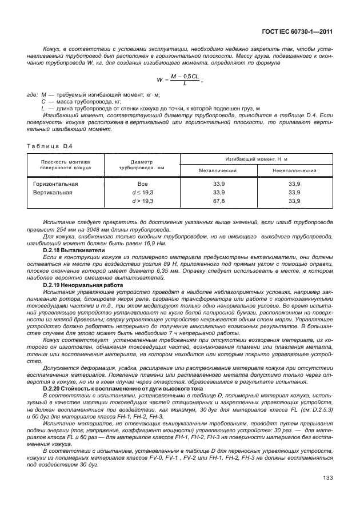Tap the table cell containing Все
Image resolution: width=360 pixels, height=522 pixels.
(x=143, y=184)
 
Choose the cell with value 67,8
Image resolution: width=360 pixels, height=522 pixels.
(x=218, y=201)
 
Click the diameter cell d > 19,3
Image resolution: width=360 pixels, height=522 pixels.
(x=143, y=201)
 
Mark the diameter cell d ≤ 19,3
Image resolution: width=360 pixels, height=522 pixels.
(x=143, y=193)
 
